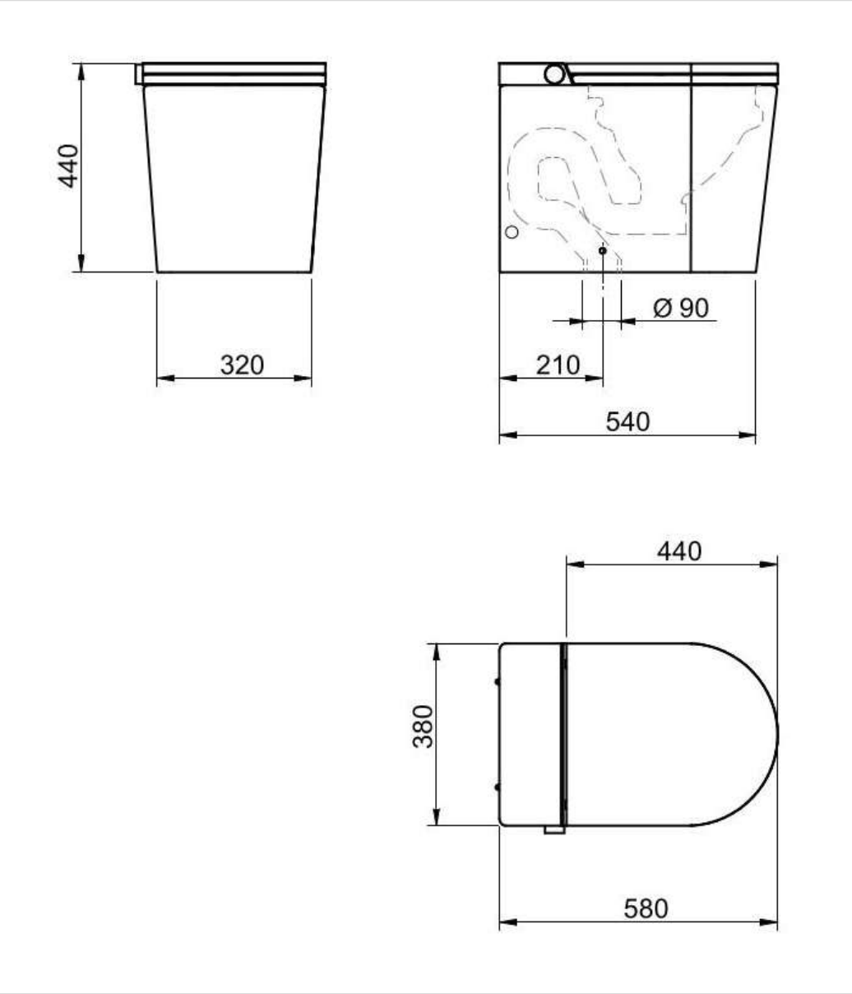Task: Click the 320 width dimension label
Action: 242,365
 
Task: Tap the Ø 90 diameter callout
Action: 680,308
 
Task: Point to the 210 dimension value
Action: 558,365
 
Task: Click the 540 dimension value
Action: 627,421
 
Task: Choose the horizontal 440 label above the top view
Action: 679,550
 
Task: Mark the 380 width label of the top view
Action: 423,726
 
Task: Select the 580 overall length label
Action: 646,909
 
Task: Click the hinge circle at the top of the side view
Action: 555,74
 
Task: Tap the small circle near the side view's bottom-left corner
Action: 512,233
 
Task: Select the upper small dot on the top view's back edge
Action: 497,681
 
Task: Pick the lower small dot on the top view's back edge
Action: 497,787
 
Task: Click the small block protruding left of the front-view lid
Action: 139,74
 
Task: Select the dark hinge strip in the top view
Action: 563,735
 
